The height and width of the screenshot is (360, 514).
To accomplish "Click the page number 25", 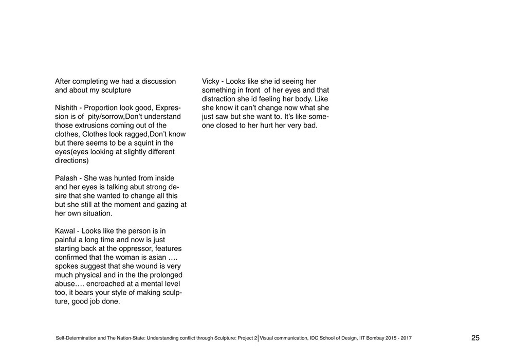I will click(x=475, y=338).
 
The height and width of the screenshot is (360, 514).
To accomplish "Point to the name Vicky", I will click(x=211, y=81).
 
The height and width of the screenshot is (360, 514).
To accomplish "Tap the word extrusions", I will click(x=94, y=125).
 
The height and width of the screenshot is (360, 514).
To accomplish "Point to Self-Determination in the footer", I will click(x=75, y=338).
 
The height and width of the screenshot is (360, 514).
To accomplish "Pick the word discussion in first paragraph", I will click(x=157, y=81).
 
